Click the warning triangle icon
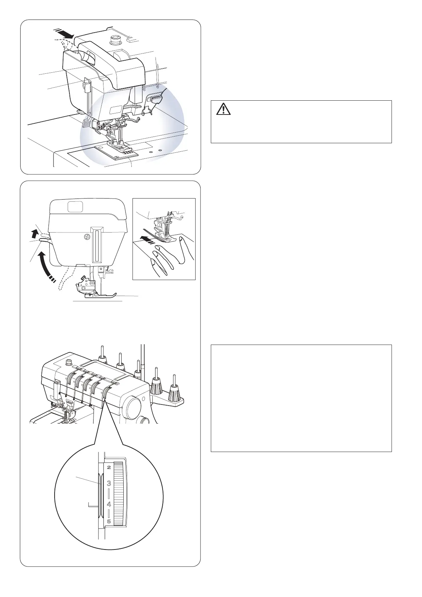pyautogui.click(x=223, y=109)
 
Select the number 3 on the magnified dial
pyautogui.click(x=109, y=483)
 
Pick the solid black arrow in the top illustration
pyautogui.click(x=64, y=34)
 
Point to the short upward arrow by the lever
pyautogui.click(x=34, y=234)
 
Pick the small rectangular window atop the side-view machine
pyautogui.click(x=75, y=206)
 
